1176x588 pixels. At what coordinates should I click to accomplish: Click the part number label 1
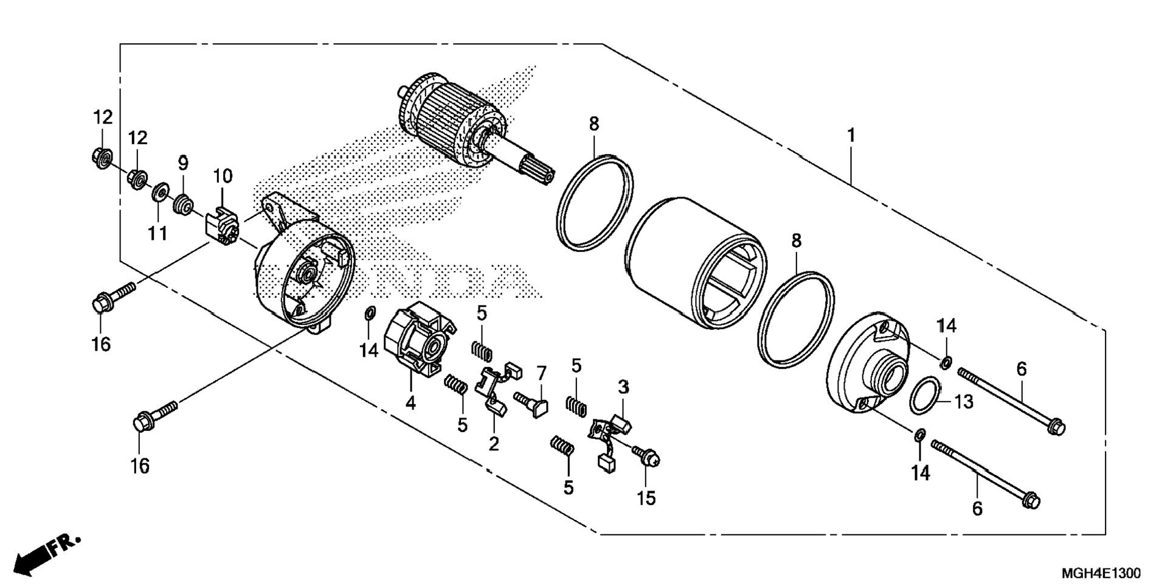coord(851,135)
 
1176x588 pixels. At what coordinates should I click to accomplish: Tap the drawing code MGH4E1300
coord(1101,573)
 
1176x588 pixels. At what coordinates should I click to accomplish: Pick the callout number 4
coord(410,402)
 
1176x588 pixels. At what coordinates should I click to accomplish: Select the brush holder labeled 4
coord(420,341)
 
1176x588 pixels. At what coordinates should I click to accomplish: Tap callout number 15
coord(646,498)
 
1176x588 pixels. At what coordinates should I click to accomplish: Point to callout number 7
coord(541,373)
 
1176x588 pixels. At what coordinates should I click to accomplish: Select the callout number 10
coord(223,176)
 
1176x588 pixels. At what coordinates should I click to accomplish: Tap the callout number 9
coord(183,163)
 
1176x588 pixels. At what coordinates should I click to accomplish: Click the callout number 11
coord(157,233)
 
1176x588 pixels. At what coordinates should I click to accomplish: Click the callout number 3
coord(623,387)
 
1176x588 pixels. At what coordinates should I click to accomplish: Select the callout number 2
coord(493,444)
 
